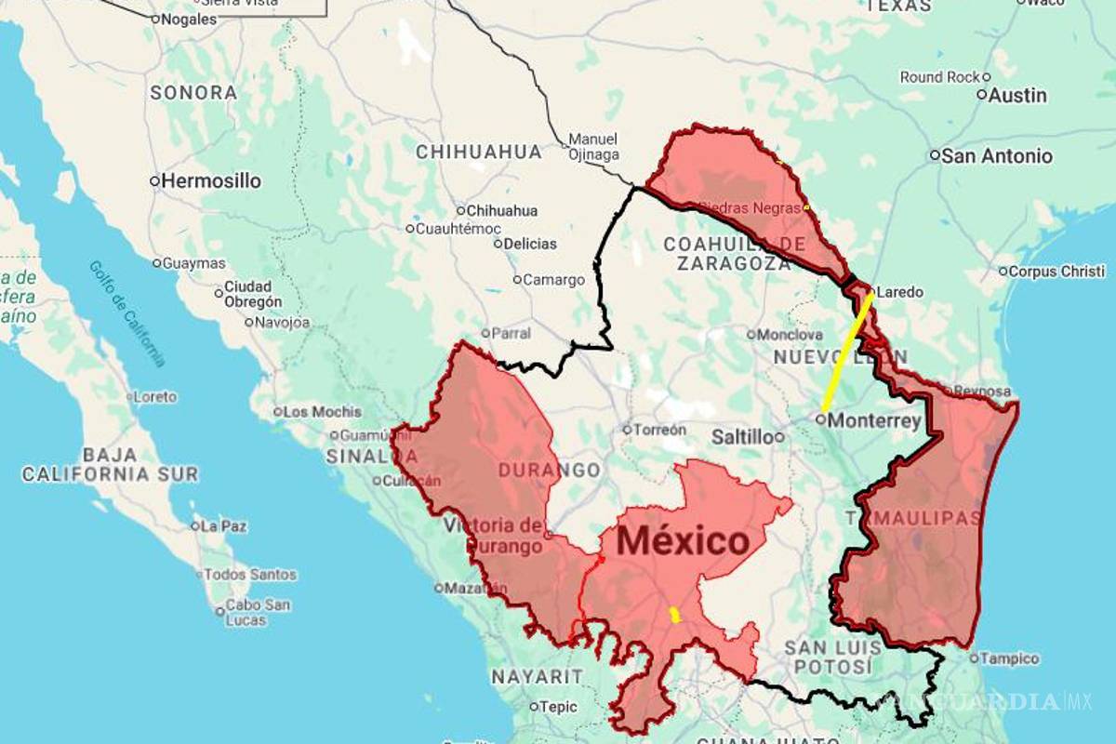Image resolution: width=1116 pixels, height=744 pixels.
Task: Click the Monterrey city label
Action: coord(874,420)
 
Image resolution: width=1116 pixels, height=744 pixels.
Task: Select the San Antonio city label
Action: coord(996,156)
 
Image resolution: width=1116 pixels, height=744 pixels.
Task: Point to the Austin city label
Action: coord(1016,95)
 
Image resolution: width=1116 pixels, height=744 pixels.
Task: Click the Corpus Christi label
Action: coord(1057,272)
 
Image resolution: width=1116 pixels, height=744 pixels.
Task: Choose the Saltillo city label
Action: coord(741,436)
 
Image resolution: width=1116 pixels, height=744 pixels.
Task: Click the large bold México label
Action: coord(683,540)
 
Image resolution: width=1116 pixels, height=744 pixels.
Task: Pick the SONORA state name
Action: coord(193,93)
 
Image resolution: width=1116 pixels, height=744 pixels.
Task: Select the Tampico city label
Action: coord(1009,658)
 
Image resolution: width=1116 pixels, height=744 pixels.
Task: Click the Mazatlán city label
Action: coord(477,588)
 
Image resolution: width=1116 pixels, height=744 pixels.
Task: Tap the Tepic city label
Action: coord(558,707)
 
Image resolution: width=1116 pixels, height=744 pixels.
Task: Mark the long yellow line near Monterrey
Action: coord(846,353)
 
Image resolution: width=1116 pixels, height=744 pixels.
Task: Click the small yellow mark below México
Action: coord(673,615)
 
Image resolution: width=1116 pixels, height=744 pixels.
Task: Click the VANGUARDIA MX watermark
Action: coord(1000,701)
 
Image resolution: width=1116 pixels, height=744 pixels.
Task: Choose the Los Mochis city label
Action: coord(315,412)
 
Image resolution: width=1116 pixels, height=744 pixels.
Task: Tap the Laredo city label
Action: coord(899,292)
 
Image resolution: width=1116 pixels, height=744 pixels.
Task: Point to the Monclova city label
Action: coord(790,335)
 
